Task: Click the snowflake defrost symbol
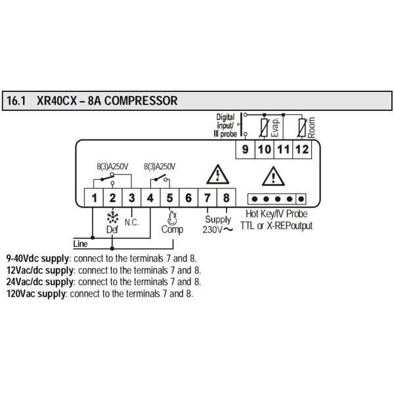tap(112, 217)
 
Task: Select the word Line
tap(81, 244)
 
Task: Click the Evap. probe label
tap(274, 125)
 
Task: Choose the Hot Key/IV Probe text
tap(276, 214)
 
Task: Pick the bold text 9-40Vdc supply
tap(39, 258)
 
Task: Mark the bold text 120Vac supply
tap(35, 294)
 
